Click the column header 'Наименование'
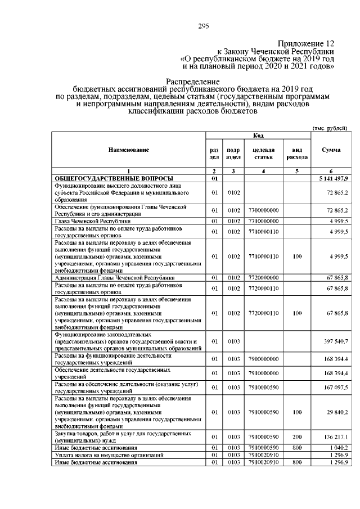(129, 150)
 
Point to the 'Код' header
(258, 136)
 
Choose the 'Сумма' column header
(330, 150)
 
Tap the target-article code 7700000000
(263, 210)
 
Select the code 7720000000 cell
(263, 278)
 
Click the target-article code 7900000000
(263, 359)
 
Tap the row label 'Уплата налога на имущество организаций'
(101, 454)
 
